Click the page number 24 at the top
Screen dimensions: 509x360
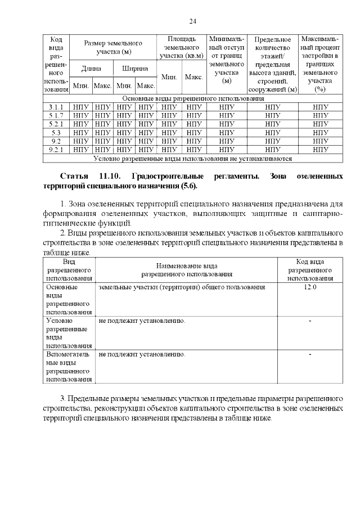click(192, 21)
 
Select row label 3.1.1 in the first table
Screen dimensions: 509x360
click(56, 107)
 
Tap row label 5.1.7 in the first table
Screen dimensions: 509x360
click(56, 115)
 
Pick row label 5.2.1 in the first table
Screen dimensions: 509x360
click(56, 124)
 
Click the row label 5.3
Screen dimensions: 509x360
click(56, 132)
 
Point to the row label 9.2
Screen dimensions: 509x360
click(56, 141)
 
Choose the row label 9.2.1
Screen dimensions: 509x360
click(56, 150)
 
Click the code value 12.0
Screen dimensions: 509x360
click(310, 287)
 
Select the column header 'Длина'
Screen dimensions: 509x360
click(92, 69)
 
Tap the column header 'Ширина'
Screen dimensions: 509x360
click(135, 69)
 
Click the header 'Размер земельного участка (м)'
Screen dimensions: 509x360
click(113, 47)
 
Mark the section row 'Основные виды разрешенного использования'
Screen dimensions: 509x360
click(193, 98)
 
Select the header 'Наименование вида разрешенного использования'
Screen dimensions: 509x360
click(186, 270)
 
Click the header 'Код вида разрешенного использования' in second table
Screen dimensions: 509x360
click(310, 270)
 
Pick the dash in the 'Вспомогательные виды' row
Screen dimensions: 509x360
click(310, 354)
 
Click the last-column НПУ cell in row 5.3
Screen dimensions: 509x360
click(320, 132)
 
